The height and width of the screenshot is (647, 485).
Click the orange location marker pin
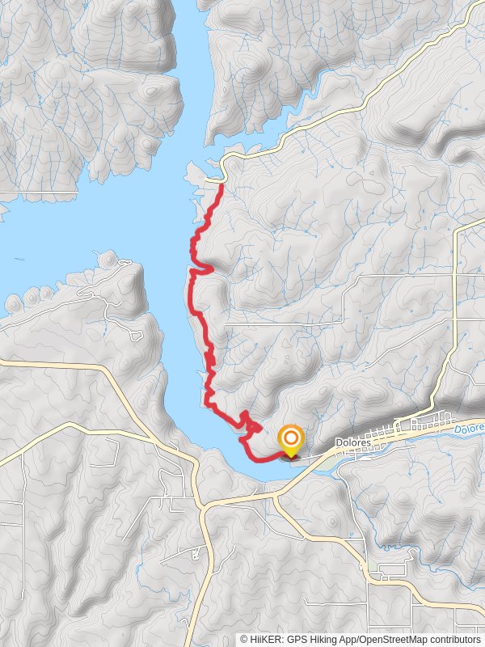click(290, 439)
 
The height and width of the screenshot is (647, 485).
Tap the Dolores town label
click(354, 443)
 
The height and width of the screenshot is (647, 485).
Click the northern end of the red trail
click(221, 185)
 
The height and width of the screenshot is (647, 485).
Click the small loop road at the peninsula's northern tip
click(124, 263)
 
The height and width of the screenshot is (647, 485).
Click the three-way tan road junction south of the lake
click(206, 505)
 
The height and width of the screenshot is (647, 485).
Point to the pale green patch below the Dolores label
click(327, 462)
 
